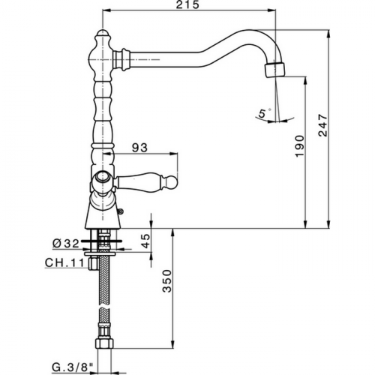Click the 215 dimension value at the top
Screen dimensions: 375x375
pos(187,4)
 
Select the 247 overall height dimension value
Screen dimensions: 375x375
pos(322,125)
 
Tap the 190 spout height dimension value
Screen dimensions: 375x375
pos(299,146)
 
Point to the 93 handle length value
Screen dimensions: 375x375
pos(139,148)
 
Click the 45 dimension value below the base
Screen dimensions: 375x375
pos(146,241)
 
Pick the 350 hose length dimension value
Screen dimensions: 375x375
pos(167,280)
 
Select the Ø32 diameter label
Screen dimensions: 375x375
pos(66,244)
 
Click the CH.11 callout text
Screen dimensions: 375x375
pos(64,263)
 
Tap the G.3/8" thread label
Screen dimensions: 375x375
pos(73,367)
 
